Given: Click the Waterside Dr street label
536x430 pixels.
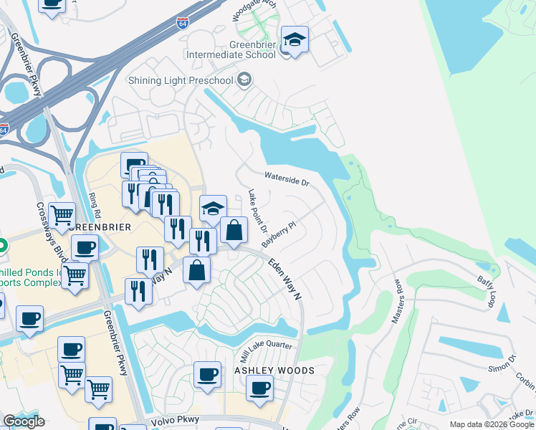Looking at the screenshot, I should [286, 178].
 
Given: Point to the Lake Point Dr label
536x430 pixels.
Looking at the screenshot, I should [257, 212].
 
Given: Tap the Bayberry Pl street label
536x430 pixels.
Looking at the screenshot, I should [279, 234].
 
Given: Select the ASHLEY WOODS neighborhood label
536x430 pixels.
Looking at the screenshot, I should [274, 371].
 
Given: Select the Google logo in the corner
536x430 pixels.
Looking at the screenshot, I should [24, 421].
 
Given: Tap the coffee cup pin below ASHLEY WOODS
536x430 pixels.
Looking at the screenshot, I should [259, 388].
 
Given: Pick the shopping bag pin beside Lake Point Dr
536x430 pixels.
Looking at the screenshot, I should [234, 230].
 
